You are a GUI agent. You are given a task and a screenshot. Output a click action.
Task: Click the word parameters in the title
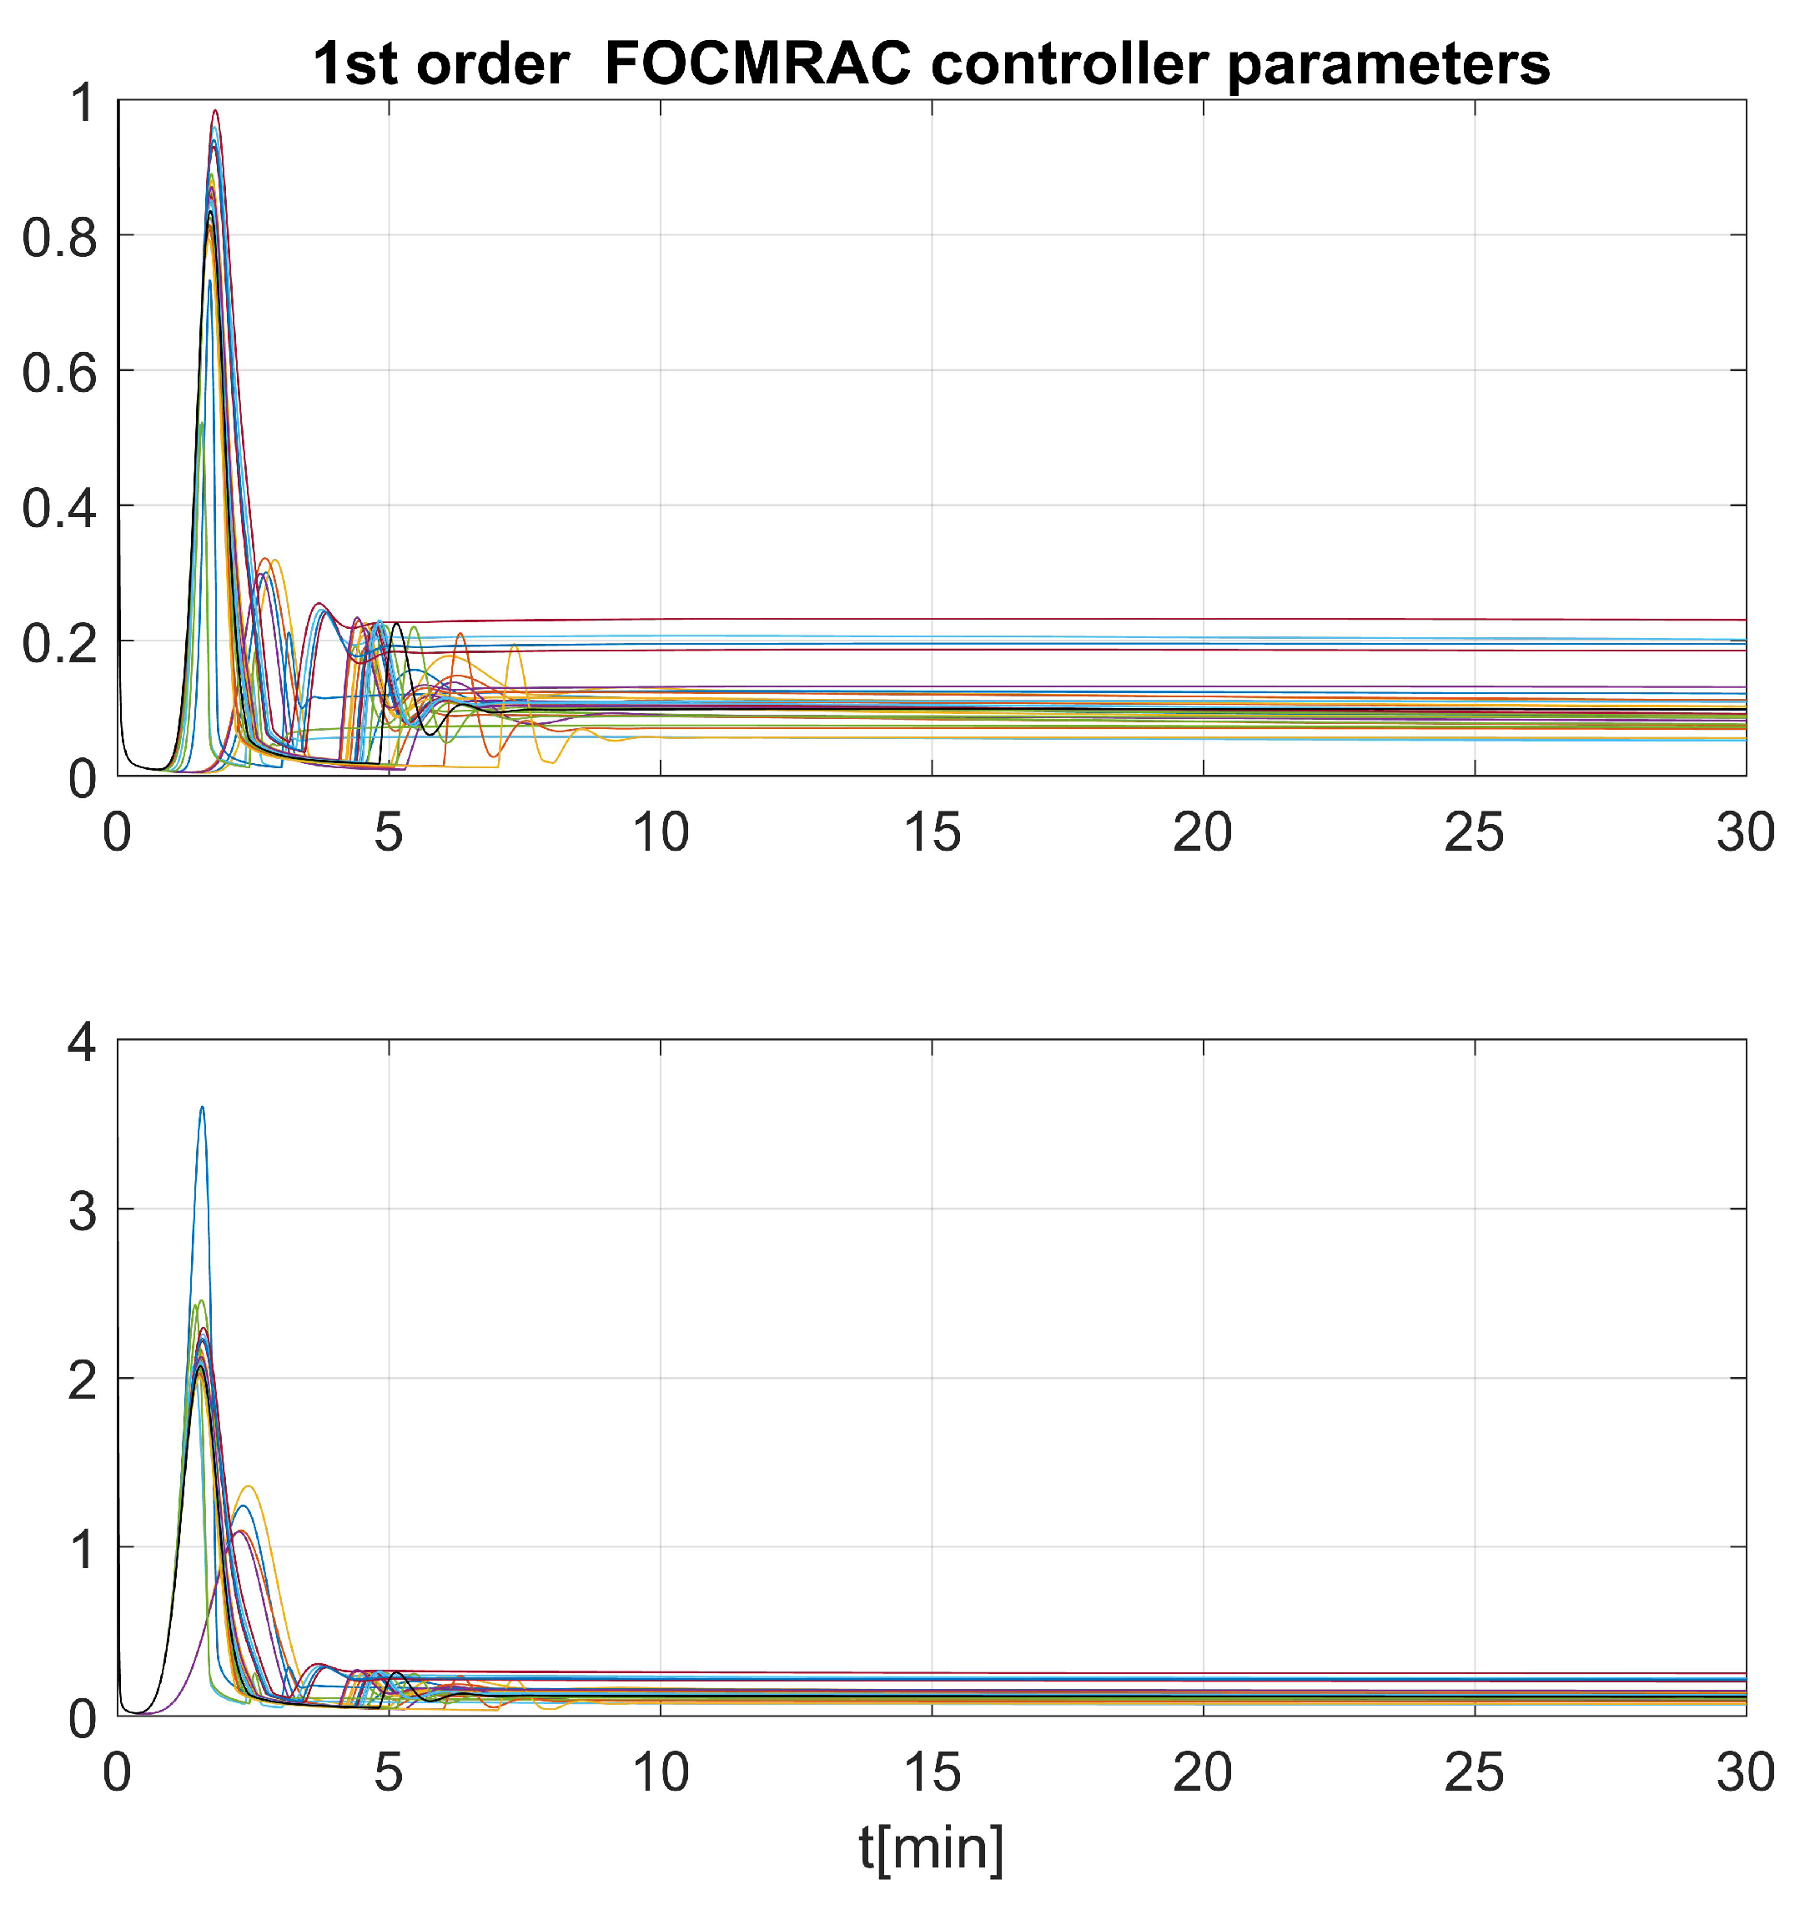tap(1390, 65)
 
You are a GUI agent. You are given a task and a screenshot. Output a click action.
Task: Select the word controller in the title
tap(1069, 65)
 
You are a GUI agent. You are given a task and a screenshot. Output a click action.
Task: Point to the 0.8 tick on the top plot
tap(60, 238)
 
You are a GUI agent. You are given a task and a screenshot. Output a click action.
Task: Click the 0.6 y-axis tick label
tap(60, 373)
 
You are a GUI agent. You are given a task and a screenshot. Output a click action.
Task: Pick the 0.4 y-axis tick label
tap(60, 507)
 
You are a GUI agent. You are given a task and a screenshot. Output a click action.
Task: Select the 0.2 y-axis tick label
tap(60, 642)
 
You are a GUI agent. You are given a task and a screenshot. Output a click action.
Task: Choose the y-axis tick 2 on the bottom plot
tap(82, 1380)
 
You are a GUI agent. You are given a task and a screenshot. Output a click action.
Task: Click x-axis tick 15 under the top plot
tap(933, 832)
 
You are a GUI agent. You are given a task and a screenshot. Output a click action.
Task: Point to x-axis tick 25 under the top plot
tap(1475, 832)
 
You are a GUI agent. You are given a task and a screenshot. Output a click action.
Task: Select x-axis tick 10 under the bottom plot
tap(661, 1772)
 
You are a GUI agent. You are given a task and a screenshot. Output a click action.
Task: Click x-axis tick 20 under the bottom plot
tap(1203, 1772)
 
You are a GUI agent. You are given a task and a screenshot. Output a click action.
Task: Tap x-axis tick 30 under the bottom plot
tap(1745, 1772)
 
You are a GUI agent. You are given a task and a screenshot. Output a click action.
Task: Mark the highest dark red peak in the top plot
tap(216, 111)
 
